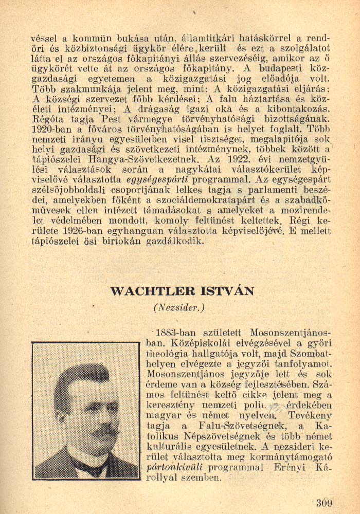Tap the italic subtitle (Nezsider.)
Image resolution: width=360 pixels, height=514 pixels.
179,308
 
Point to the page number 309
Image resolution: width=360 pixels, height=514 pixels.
325,502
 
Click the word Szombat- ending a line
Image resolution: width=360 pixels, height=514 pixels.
312,354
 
